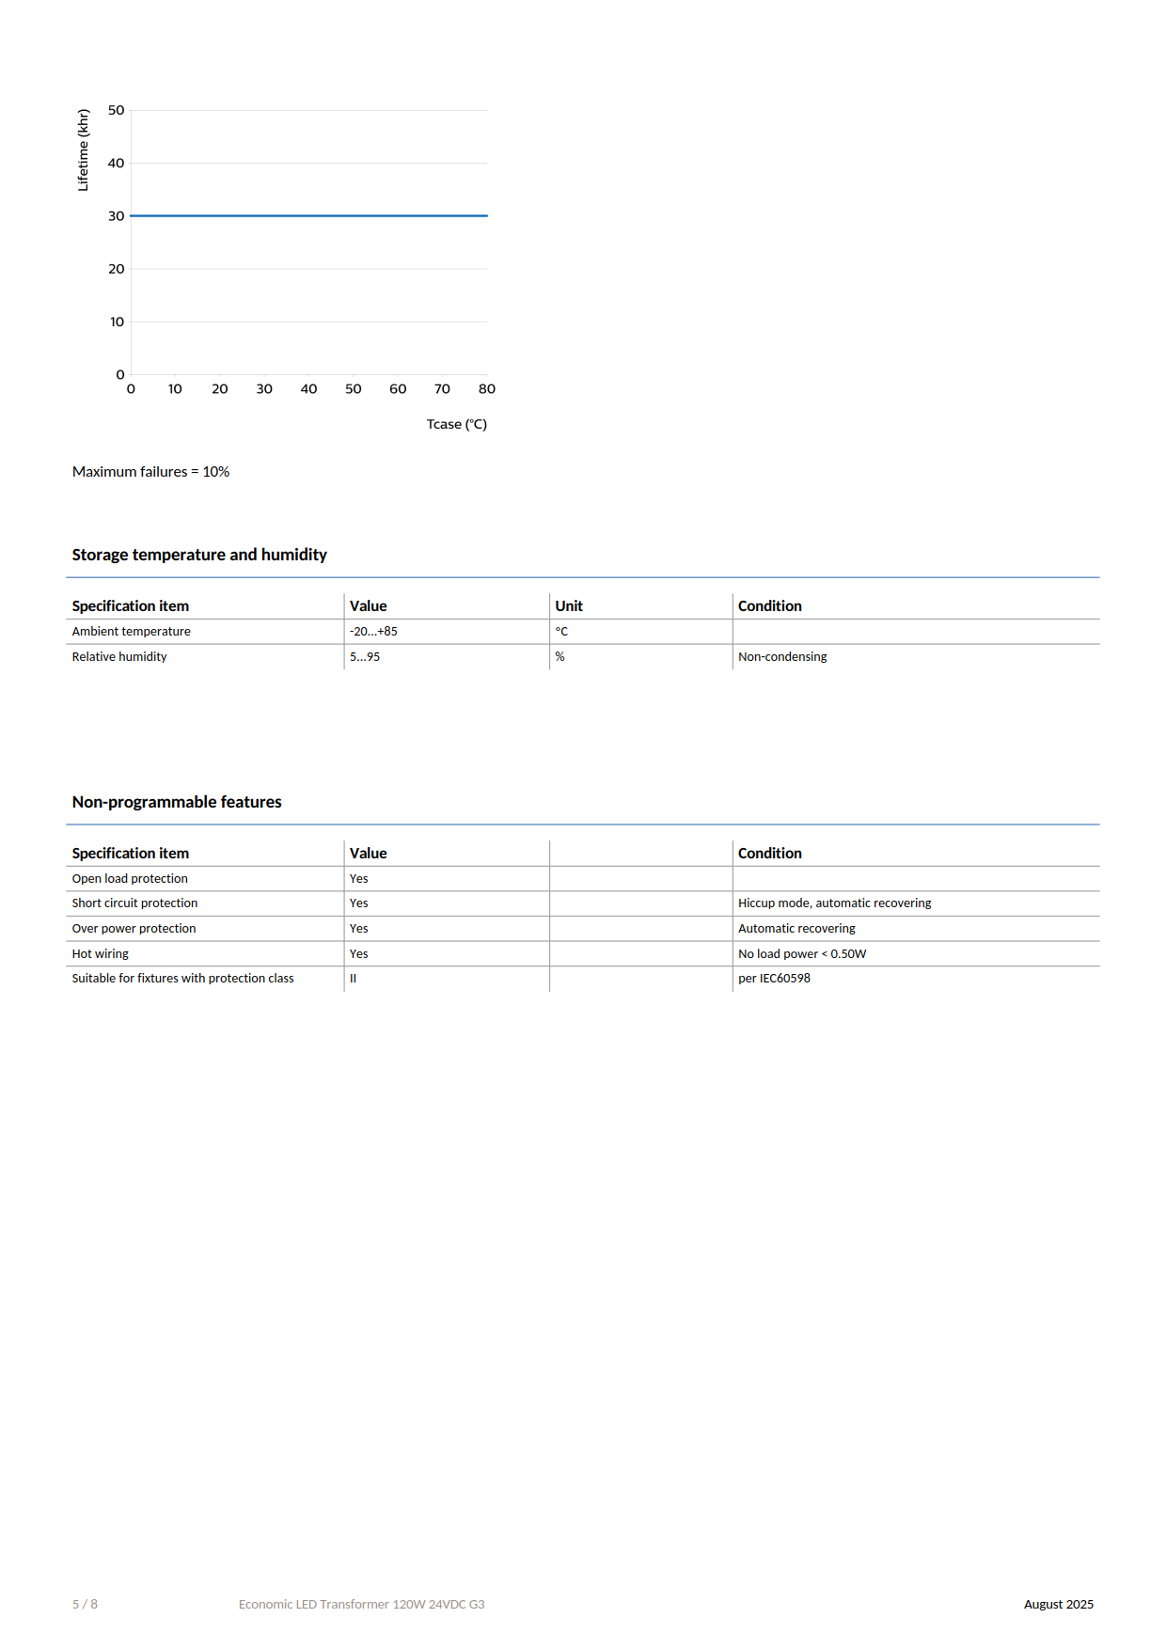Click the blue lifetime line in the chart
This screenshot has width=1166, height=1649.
click(x=308, y=215)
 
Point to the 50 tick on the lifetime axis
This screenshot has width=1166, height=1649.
click(x=116, y=110)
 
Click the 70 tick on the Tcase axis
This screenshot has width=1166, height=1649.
click(x=442, y=389)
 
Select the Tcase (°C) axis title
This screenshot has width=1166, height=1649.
click(x=456, y=424)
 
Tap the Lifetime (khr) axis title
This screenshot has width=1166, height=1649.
click(x=84, y=150)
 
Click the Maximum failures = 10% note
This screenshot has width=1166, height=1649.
click(x=150, y=472)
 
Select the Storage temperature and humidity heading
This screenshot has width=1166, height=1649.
click(x=199, y=555)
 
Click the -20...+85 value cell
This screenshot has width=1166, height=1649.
click(x=373, y=632)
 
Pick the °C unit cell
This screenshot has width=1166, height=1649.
click(x=561, y=632)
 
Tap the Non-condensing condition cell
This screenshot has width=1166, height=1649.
click(x=782, y=657)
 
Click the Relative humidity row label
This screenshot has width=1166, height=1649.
click(x=119, y=657)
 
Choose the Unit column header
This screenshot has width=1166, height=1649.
click(x=569, y=606)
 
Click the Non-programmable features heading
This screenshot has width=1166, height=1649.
click(x=177, y=802)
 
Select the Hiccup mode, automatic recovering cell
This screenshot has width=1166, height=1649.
click(x=834, y=903)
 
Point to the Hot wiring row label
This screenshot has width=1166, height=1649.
click(x=101, y=954)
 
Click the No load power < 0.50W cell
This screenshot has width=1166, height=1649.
click(x=802, y=954)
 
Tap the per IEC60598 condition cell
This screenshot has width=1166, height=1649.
click(x=774, y=979)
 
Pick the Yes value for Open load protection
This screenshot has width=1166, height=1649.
click(x=359, y=879)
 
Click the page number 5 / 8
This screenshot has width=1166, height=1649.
click(x=85, y=1604)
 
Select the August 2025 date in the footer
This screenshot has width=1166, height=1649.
click(x=1058, y=1604)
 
